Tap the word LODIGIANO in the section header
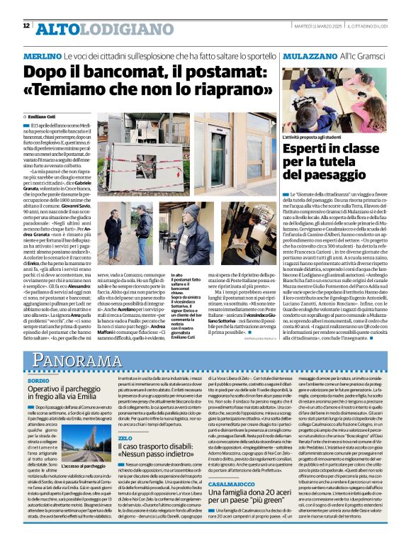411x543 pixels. click(108, 28)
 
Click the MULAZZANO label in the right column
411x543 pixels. click(308, 56)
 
